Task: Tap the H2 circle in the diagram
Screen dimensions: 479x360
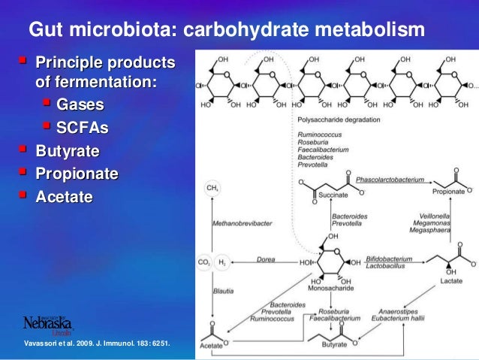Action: (223, 262)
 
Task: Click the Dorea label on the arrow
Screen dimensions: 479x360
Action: (265, 258)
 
